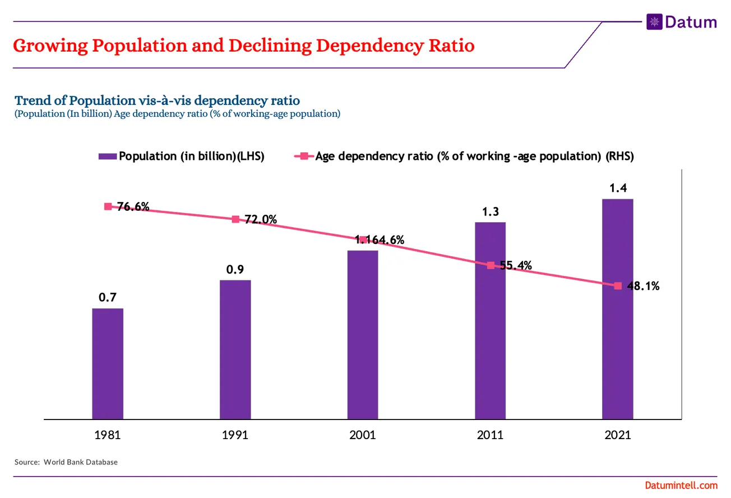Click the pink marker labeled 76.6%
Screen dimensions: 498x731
tap(108, 206)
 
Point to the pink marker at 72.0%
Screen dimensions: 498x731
tap(235, 219)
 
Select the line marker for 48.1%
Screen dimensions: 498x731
tap(618, 286)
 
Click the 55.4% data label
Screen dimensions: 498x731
tap(516, 265)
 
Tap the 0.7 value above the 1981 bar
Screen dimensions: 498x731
tap(108, 298)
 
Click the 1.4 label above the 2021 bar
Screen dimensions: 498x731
tap(618, 188)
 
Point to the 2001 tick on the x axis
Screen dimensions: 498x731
tap(362, 435)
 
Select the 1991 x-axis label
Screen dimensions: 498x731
tap(235, 435)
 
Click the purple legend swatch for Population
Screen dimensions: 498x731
tap(108, 156)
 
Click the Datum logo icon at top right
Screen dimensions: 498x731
tap(654, 22)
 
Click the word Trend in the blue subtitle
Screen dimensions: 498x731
tap(33, 101)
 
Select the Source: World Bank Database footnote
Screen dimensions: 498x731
tap(66, 462)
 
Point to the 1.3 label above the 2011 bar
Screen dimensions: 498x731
tap(490, 212)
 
